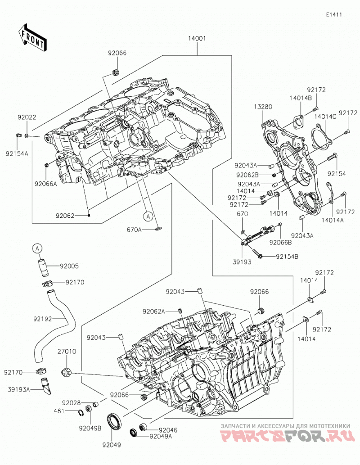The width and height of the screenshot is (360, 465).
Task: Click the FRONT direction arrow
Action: pos(32,37)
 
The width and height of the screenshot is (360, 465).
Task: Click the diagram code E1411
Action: pos(334,14)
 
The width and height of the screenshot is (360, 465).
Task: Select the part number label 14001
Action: pos(197,38)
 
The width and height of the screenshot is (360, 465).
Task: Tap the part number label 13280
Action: pos(263,107)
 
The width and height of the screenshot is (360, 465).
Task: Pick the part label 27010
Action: pos(67,352)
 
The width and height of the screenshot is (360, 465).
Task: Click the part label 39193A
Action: pos(19,389)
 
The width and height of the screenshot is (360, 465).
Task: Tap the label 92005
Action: pos(69,266)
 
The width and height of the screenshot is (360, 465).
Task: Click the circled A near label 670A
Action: pos(148,217)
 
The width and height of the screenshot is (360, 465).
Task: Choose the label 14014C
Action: pos(325,117)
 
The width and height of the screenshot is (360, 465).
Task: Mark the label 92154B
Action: pos(287,256)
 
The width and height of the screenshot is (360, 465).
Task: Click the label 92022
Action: pos(27,117)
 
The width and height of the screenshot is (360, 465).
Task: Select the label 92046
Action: pos(168,430)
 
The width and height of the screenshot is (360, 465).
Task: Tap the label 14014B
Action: pos(301,98)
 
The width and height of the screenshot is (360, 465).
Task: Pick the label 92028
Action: pos(71,403)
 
